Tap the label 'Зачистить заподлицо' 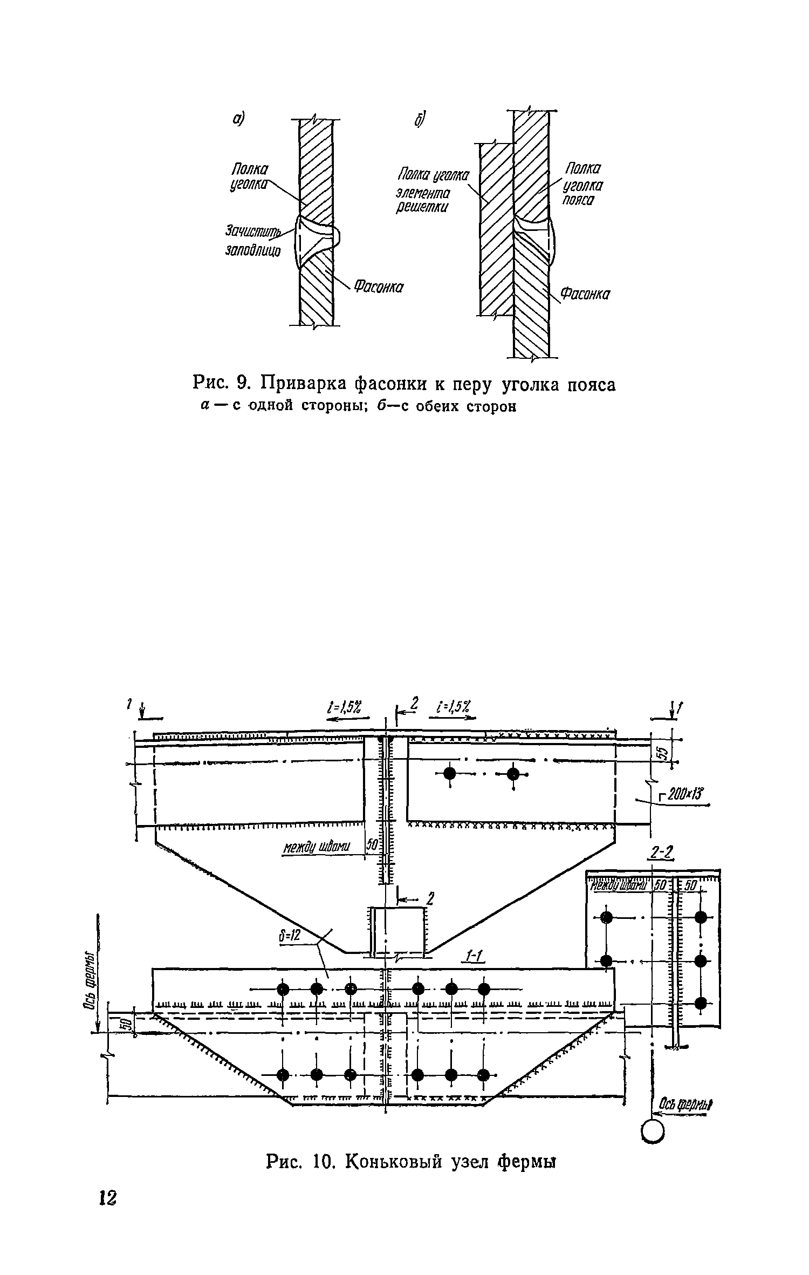tap(253, 241)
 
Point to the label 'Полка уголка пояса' tap(583, 185)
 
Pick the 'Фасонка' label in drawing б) tap(585, 294)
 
